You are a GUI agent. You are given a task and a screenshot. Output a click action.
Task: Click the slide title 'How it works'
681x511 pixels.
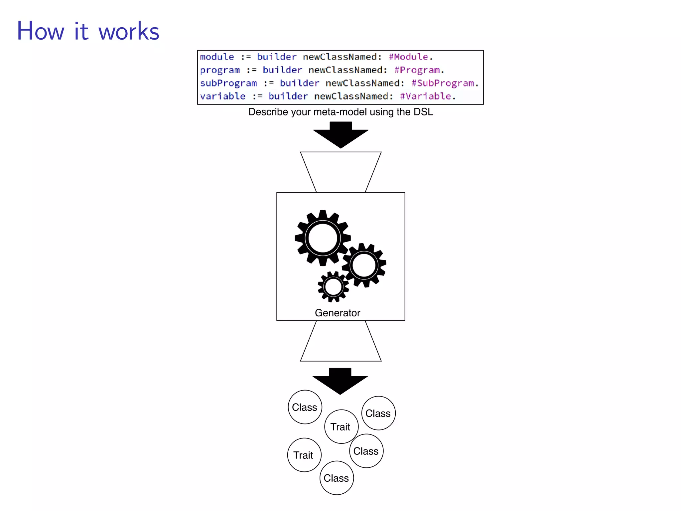88,31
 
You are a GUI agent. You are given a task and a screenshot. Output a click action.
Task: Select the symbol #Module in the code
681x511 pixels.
409,57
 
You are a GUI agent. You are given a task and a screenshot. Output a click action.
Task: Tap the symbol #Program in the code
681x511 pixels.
417,70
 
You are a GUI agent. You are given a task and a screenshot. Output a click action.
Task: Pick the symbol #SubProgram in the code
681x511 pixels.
443,83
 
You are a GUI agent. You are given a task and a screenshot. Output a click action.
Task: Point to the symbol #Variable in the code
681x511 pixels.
426,96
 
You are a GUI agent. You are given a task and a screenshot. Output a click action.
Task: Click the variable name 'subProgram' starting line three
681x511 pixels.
228,83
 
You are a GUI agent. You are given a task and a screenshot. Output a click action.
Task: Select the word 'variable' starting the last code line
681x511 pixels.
223,96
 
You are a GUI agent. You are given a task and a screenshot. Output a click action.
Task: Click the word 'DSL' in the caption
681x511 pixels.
423,112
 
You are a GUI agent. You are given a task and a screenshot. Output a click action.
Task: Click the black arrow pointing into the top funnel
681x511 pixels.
340,135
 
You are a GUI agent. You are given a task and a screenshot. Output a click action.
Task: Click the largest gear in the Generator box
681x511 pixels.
323,238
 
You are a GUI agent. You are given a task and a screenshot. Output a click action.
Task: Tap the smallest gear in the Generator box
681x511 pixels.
333,287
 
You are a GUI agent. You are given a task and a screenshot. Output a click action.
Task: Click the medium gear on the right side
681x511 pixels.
364,265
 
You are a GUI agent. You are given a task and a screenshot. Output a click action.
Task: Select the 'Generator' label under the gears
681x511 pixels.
337,313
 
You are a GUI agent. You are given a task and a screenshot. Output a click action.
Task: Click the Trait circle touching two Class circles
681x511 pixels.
341,426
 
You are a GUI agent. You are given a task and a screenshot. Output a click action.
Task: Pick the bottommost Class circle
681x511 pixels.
337,478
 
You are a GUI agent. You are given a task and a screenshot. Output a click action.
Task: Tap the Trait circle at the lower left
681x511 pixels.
304,455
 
